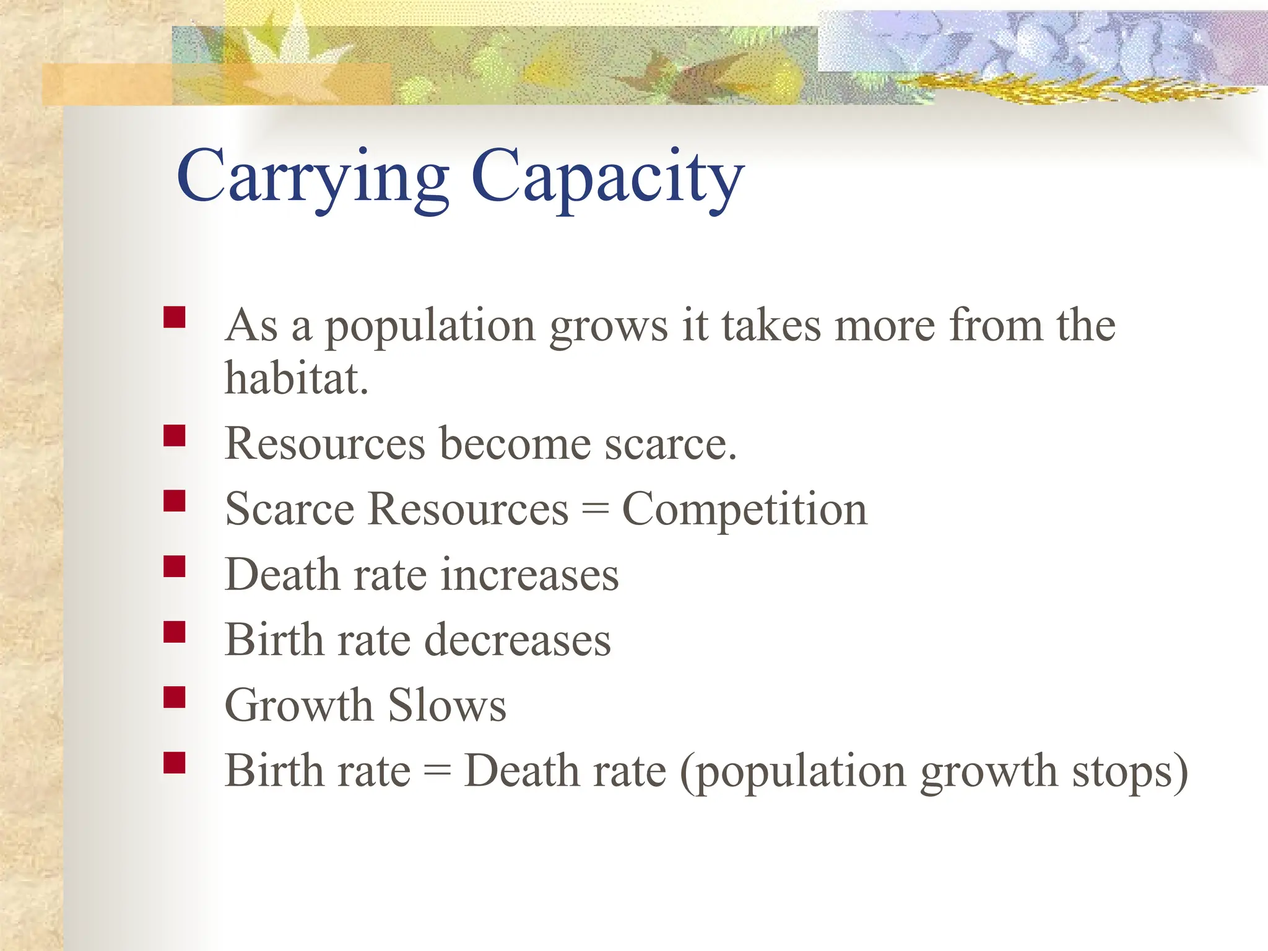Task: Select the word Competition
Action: [x=744, y=510]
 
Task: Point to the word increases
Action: [x=529, y=575]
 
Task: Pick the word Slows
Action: [x=447, y=705]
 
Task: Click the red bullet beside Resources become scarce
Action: [x=175, y=435]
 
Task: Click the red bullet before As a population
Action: [x=175, y=317]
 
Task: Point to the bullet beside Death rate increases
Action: [x=175, y=566]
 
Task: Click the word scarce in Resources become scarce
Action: [x=670, y=444]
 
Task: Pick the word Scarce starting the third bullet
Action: [x=289, y=510]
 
